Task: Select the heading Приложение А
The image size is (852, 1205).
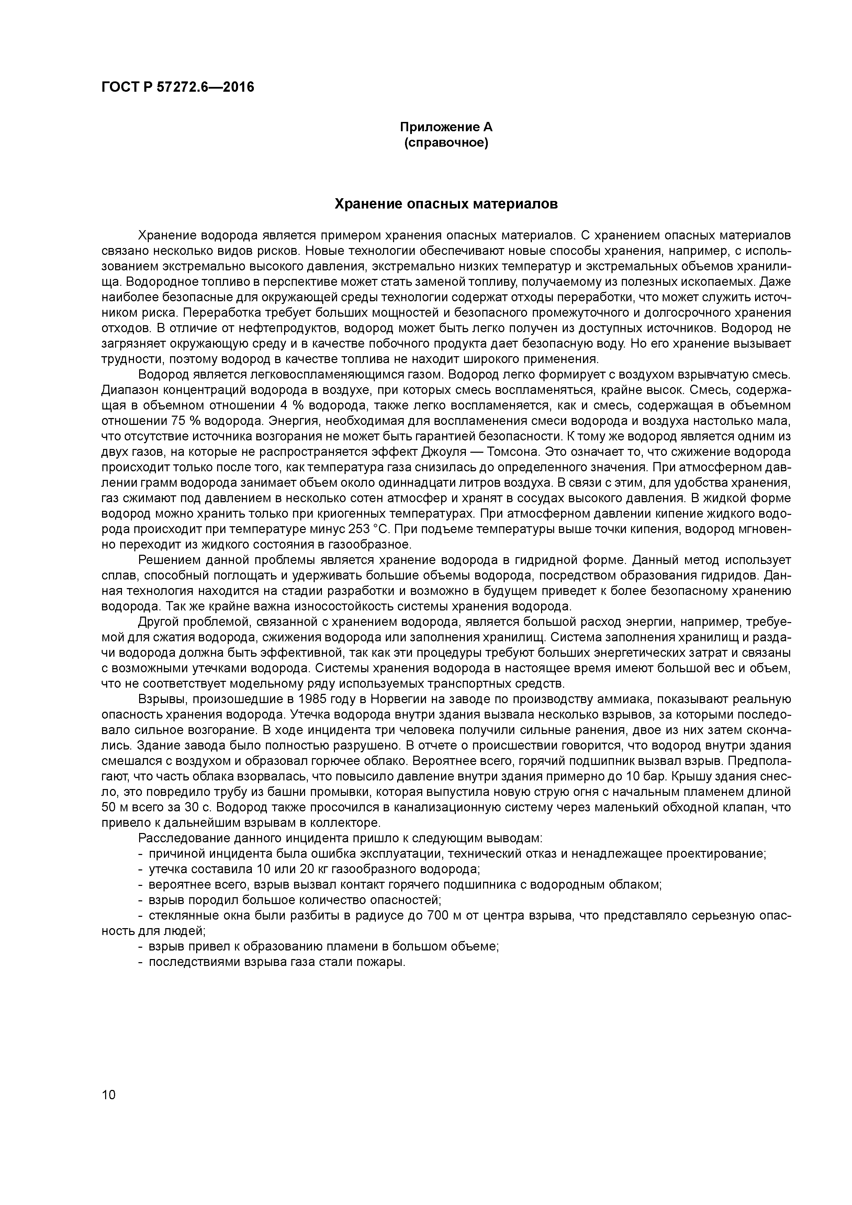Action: coord(446,127)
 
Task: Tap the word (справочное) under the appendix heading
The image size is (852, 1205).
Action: coord(446,143)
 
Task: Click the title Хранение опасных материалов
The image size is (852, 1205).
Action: coord(446,204)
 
